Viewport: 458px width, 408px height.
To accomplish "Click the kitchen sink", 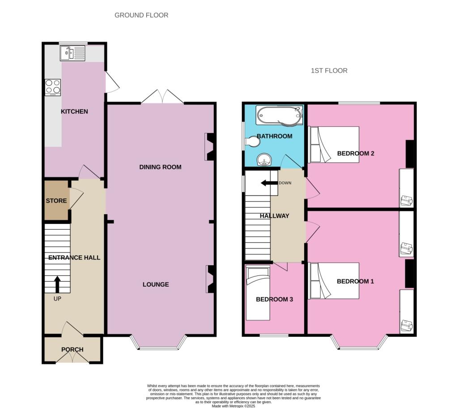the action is pyautogui.click(x=73, y=53).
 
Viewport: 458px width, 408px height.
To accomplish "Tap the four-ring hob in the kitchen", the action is pyautogui.click(x=53, y=87).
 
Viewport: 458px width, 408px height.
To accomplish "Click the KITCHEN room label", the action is pyautogui.click(x=74, y=112).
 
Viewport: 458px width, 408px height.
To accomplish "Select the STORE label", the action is pyautogui.click(x=56, y=201).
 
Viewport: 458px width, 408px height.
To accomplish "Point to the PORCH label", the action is pyautogui.click(x=72, y=349).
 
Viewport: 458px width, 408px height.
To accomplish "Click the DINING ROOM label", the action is pyautogui.click(x=161, y=167).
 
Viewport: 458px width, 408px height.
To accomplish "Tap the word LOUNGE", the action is pyautogui.click(x=156, y=284).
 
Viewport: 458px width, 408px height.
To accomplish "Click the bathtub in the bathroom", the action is pyautogui.click(x=280, y=115).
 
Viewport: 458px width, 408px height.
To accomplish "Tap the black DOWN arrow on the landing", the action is pyautogui.click(x=269, y=183).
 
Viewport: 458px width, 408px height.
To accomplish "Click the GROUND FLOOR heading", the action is pyautogui.click(x=141, y=15).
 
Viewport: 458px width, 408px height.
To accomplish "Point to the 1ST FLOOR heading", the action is pyautogui.click(x=329, y=71).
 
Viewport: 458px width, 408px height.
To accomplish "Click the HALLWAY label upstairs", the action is pyautogui.click(x=275, y=216).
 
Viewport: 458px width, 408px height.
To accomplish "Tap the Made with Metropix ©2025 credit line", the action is pyautogui.click(x=233, y=406).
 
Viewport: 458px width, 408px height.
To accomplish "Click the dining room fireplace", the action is pyautogui.click(x=210, y=147).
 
